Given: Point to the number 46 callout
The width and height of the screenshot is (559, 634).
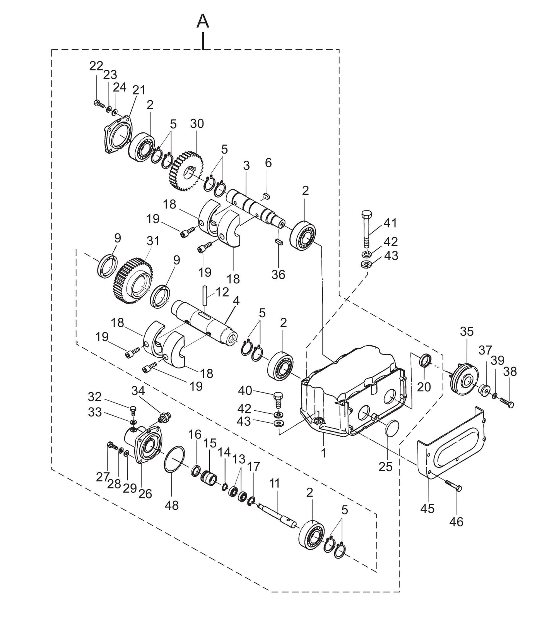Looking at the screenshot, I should coord(456,522).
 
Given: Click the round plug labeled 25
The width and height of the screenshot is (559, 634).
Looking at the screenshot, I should coord(393,428).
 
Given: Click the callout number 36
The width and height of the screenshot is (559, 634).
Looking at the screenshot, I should coord(278,274).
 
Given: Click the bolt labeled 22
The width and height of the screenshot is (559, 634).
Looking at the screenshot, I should coord(97,103).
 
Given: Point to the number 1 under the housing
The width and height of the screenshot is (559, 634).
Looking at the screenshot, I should coord(323,453).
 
